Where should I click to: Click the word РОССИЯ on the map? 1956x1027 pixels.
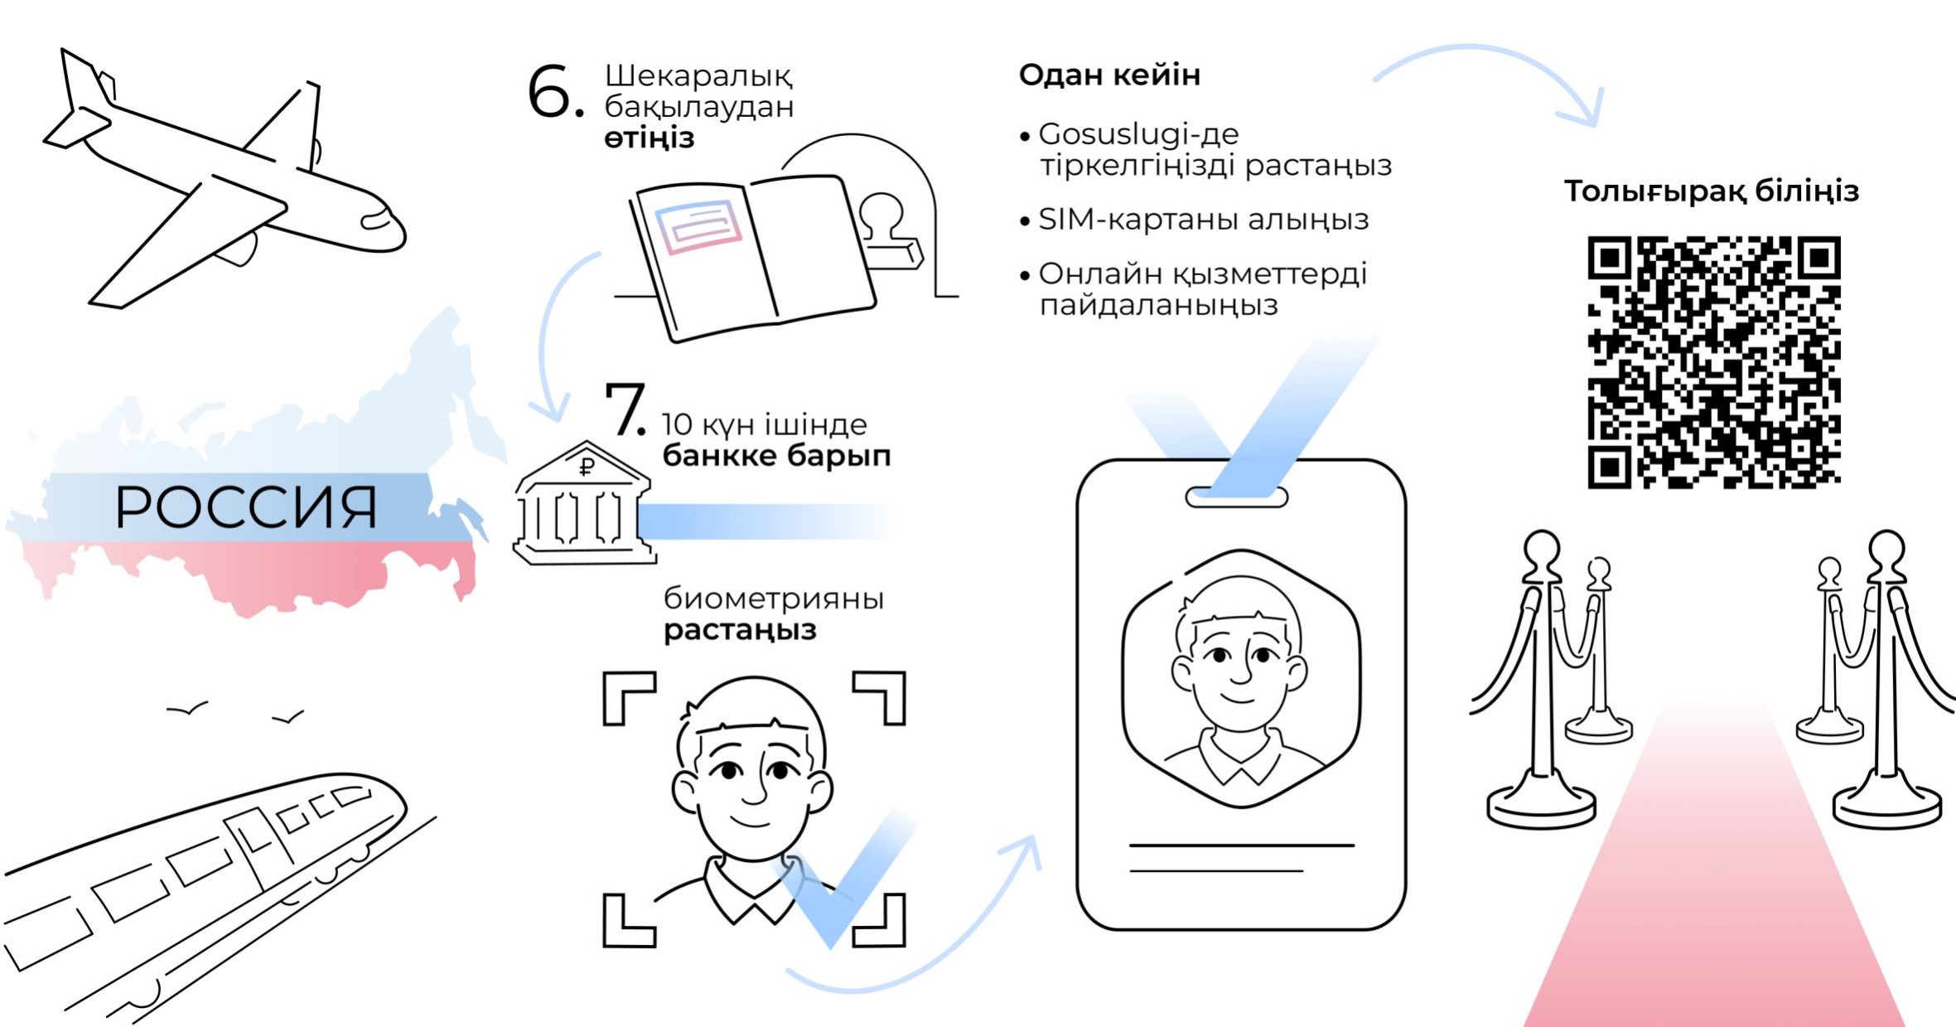(x=246, y=507)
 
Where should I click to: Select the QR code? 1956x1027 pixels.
(x=1713, y=362)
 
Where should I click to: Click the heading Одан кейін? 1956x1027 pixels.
(x=1109, y=75)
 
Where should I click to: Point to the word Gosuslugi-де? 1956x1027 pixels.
(x=1138, y=133)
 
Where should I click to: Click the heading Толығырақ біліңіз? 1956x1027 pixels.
(x=1711, y=191)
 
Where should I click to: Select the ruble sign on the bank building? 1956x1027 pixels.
(x=587, y=467)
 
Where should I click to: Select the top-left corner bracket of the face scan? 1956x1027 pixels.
(x=628, y=696)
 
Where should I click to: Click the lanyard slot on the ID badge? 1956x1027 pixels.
(x=1236, y=497)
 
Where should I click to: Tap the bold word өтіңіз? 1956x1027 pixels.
(x=649, y=138)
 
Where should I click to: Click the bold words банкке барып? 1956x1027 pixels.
(x=776, y=456)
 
